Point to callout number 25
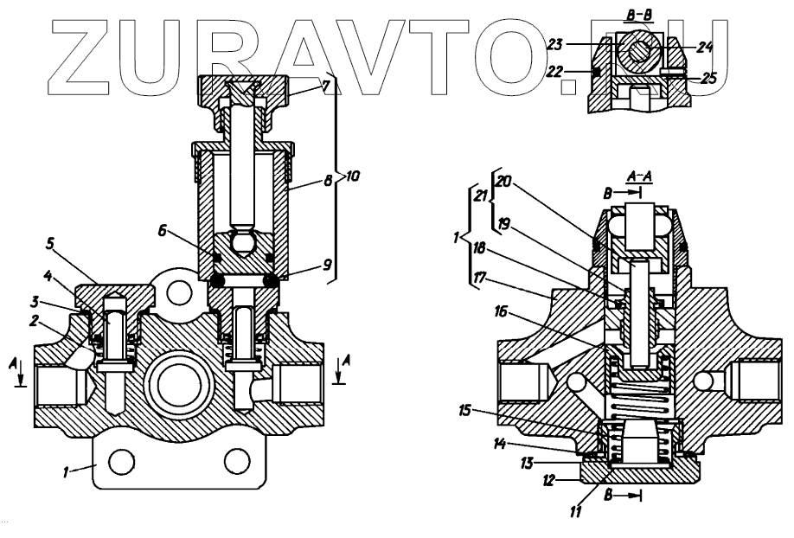point(709,78)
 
